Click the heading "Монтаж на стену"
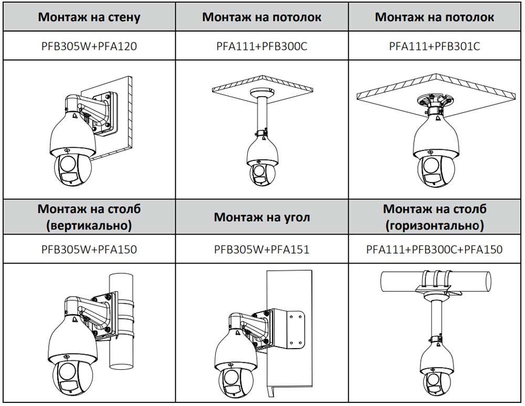[x=89, y=17]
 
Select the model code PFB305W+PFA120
[x=89, y=46]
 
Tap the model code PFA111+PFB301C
[x=434, y=46]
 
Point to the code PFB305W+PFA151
[x=261, y=249]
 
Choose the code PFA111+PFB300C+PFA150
[x=434, y=249]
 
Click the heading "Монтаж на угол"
[x=261, y=217]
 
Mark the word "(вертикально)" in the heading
[x=89, y=226]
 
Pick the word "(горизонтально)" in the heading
[x=434, y=226]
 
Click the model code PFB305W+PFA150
[x=89, y=249]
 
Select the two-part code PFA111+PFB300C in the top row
[x=261, y=46]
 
